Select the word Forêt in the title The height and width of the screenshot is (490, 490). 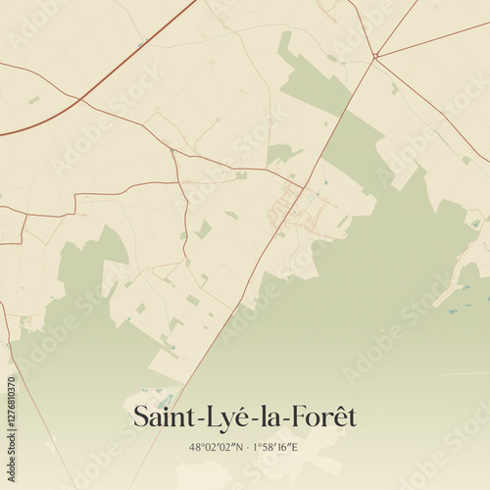(323, 416)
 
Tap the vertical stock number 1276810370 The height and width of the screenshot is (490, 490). (11, 423)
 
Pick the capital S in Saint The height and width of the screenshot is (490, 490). (142, 416)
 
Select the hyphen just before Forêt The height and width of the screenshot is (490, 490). (288, 419)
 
